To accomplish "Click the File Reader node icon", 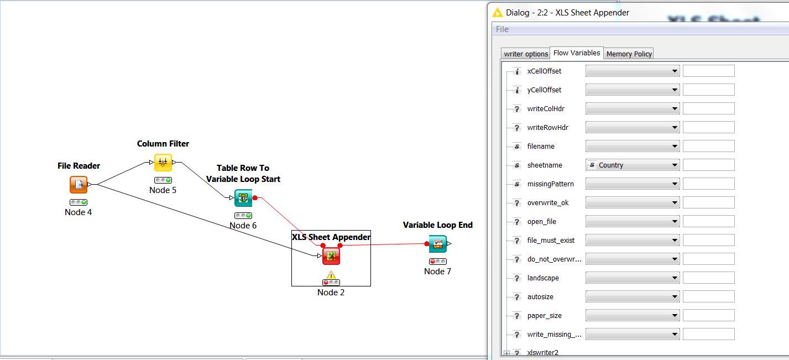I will pyautogui.click(x=79, y=185).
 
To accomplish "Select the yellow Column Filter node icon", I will pyautogui.click(x=163, y=163).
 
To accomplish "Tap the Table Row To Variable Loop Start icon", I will pyautogui.click(x=243, y=197).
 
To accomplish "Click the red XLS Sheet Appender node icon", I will pyautogui.click(x=331, y=255).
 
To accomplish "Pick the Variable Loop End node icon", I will pyautogui.click(x=437, y=243).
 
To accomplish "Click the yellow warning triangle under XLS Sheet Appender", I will pyautogui.click(x=331, y=275).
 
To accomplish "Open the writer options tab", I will pyautogui.click(x=526, y=54).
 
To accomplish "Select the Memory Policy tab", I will pyautogui.click(x=629, y=54).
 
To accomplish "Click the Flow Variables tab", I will pyautogui.click(x=577, y=53).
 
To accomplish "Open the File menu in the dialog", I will pyautogui.click(x=502, y=29).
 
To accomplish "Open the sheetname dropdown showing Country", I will pyautogui.click(x=632, y=165).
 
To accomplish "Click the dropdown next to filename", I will pyautogui.click(x=632, y=146).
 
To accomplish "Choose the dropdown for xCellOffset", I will pyautogui.click(x=632, y=71).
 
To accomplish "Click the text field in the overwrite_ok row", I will pyautogui.click(x=708, y=202).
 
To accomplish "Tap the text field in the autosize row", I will pyautogui.click(x=708, y=296).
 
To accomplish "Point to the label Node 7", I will pyautogui.click(x=437, y=272).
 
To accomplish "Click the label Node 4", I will pyautogui.click(x=79, y=212).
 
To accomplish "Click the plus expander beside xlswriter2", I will pyautogui.click(x=507, y=353).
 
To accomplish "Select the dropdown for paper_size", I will pyautogui.click(x=632, y=315).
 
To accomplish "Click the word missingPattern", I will pyautogui.click(x=550, y=184).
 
